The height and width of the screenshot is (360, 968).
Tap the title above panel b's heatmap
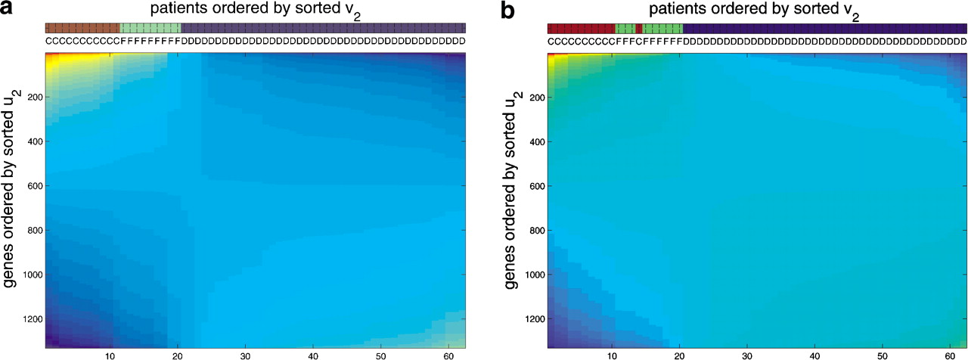(756, 11)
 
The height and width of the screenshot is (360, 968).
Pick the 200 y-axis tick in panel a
(29, 97)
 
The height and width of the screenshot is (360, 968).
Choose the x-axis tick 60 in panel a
(448, 354)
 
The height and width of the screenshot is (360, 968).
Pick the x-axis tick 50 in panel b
(881, 354)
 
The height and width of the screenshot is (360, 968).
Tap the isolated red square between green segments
(639, 28)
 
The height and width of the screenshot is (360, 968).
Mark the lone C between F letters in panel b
(639, 40)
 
